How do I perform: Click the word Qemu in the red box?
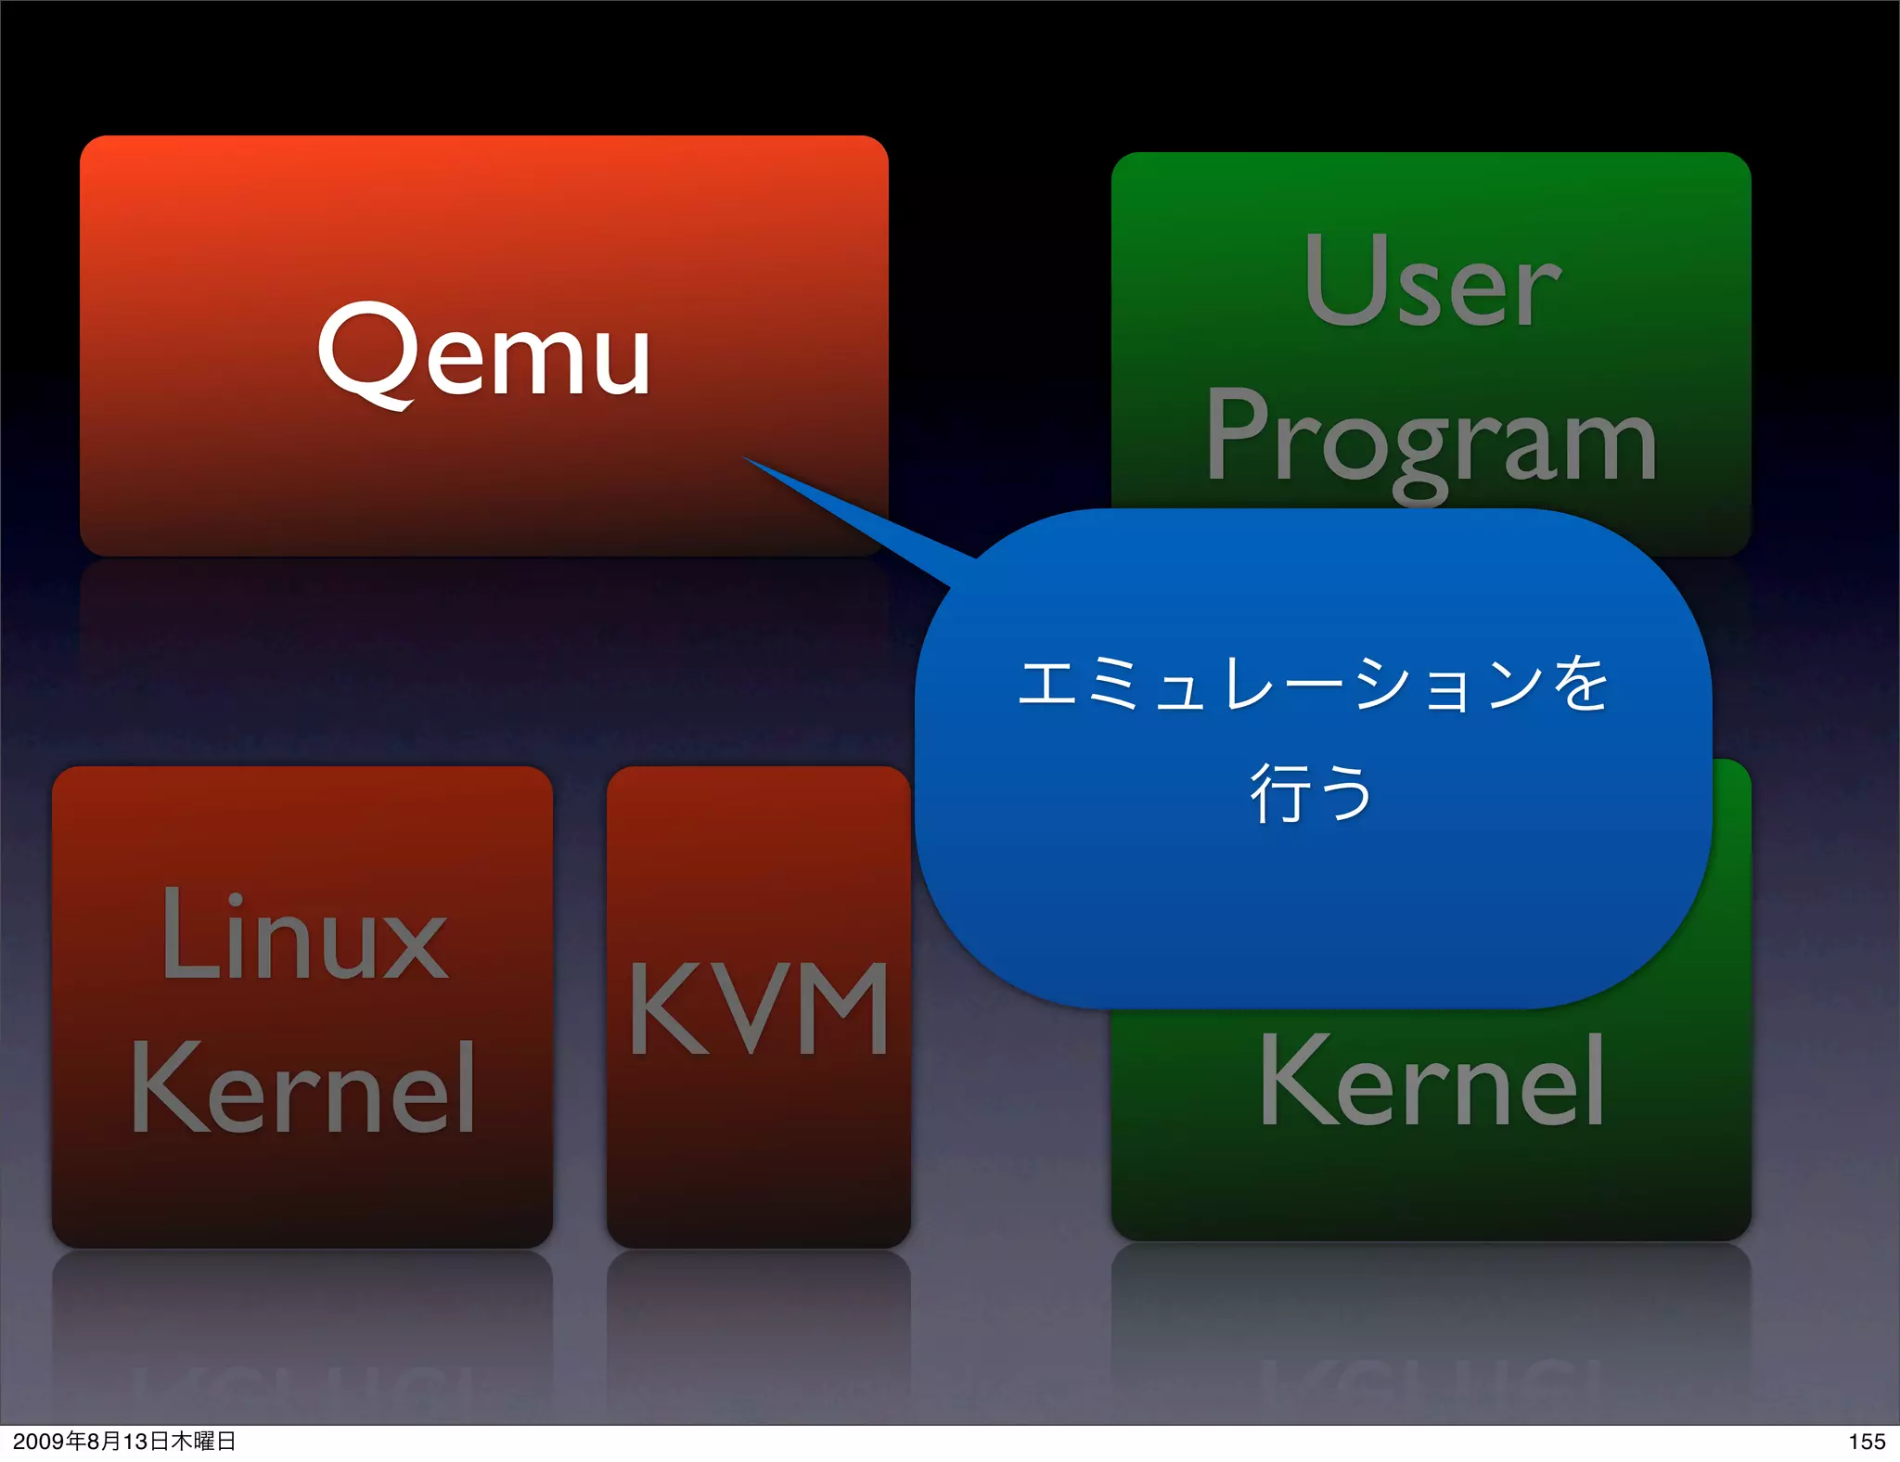pyautogui.click(x=483, y=354)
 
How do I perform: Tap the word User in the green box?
pyautogui.click(x=1431, y=281)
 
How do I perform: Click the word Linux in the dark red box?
pyautogui.click(x=303, y=935)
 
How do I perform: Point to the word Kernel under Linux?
pyautogui.click(x=303, y=1088)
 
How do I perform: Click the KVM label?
pyautogui.click(x=759, y=1009)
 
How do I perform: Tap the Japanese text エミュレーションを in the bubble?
pyautogui.click(x=1313, y=685)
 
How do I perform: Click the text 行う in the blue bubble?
pyautogui.click(x=1311, y=793)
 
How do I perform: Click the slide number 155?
pyautogui.click(x=1866, y=1441)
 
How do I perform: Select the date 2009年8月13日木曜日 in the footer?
pyautogui.click(x=124, y=1441)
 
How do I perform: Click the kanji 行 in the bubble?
pyautogui.click(x=1278, y=793)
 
